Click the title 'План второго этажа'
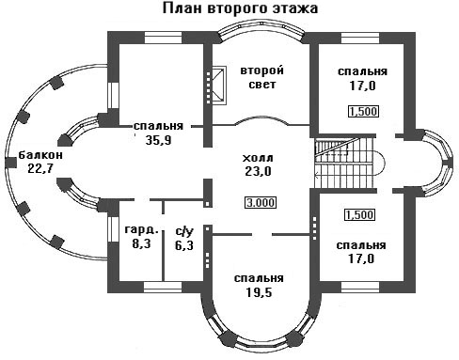click(240, 8)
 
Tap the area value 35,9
click(158, 140)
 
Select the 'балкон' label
click(40, 155)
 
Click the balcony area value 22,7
click(40, 168)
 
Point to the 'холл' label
click(258, 158)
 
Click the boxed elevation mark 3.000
click(261, 202)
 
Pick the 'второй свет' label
click(262, 77)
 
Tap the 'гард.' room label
click(141, 229)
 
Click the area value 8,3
click(141, 243)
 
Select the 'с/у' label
click(184, 231)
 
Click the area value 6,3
click(184, 245)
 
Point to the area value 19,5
click(259, 292)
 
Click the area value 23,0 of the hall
click(258, 171)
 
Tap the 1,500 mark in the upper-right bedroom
click(364, 111)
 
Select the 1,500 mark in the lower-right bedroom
click(360, 215)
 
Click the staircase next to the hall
click(345, 164)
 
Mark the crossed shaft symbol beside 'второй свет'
click(219, 86)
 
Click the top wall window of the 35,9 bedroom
click(164, 38)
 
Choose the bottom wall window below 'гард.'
click(163, 287)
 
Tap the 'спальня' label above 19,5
click(259, 278)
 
